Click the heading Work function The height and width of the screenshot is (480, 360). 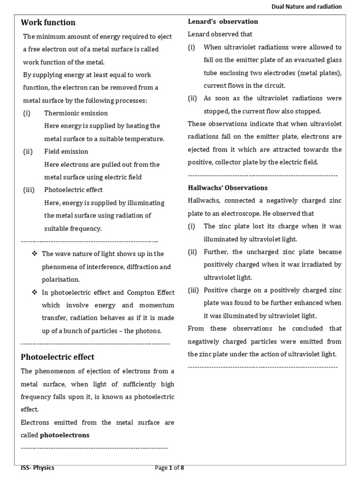48,22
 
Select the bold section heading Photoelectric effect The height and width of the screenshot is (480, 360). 58,357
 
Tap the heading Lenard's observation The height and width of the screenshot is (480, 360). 223,22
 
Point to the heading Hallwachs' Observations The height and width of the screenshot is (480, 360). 227,187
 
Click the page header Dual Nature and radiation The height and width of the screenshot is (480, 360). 307,7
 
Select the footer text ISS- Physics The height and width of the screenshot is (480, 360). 37,467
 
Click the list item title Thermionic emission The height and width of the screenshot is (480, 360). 76,113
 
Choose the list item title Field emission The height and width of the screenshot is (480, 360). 66,151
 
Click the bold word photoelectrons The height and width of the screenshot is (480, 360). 65,435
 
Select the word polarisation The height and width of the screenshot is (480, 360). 61,279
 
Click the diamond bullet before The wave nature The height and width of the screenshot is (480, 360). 34,254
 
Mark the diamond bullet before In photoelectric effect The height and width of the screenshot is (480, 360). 34,292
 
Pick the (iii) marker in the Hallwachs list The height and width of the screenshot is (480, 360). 194,290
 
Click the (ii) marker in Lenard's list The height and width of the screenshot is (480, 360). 193,98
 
